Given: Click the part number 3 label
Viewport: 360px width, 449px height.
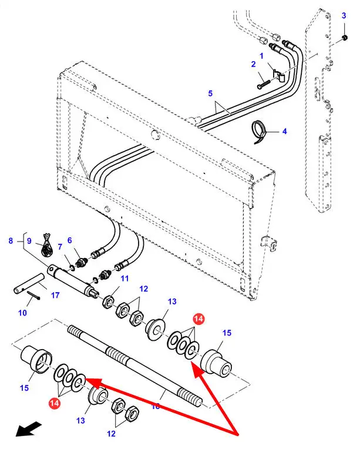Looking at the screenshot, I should [x=344, y=16].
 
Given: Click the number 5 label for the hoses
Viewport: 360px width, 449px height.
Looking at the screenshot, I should [x=210, y=93].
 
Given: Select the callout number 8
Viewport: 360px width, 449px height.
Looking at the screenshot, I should [x=10, y=240].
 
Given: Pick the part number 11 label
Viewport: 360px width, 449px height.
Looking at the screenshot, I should [x=125, y=278].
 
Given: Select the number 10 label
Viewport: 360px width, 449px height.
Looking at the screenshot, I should [x=22, y=313].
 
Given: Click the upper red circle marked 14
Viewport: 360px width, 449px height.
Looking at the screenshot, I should [x=198, y=319].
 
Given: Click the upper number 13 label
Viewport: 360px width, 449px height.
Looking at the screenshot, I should [x=171, y=301].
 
